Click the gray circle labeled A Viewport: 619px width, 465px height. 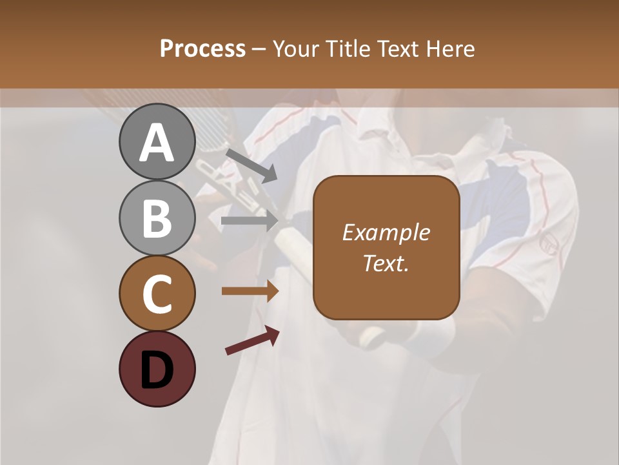click(157, 141)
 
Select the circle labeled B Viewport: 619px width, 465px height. click(157, 218)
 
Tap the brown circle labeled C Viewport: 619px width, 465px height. click(157, 293)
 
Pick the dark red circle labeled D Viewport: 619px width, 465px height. click(157, 369)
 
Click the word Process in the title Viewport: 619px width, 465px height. click(202, 48)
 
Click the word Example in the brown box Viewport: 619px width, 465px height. click(386, 232)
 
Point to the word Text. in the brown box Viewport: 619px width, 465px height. click(386, 263)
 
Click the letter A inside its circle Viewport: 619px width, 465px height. click(157, 143)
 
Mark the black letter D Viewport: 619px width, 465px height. click(157, 370)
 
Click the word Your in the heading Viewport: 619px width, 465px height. click(295, 48)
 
